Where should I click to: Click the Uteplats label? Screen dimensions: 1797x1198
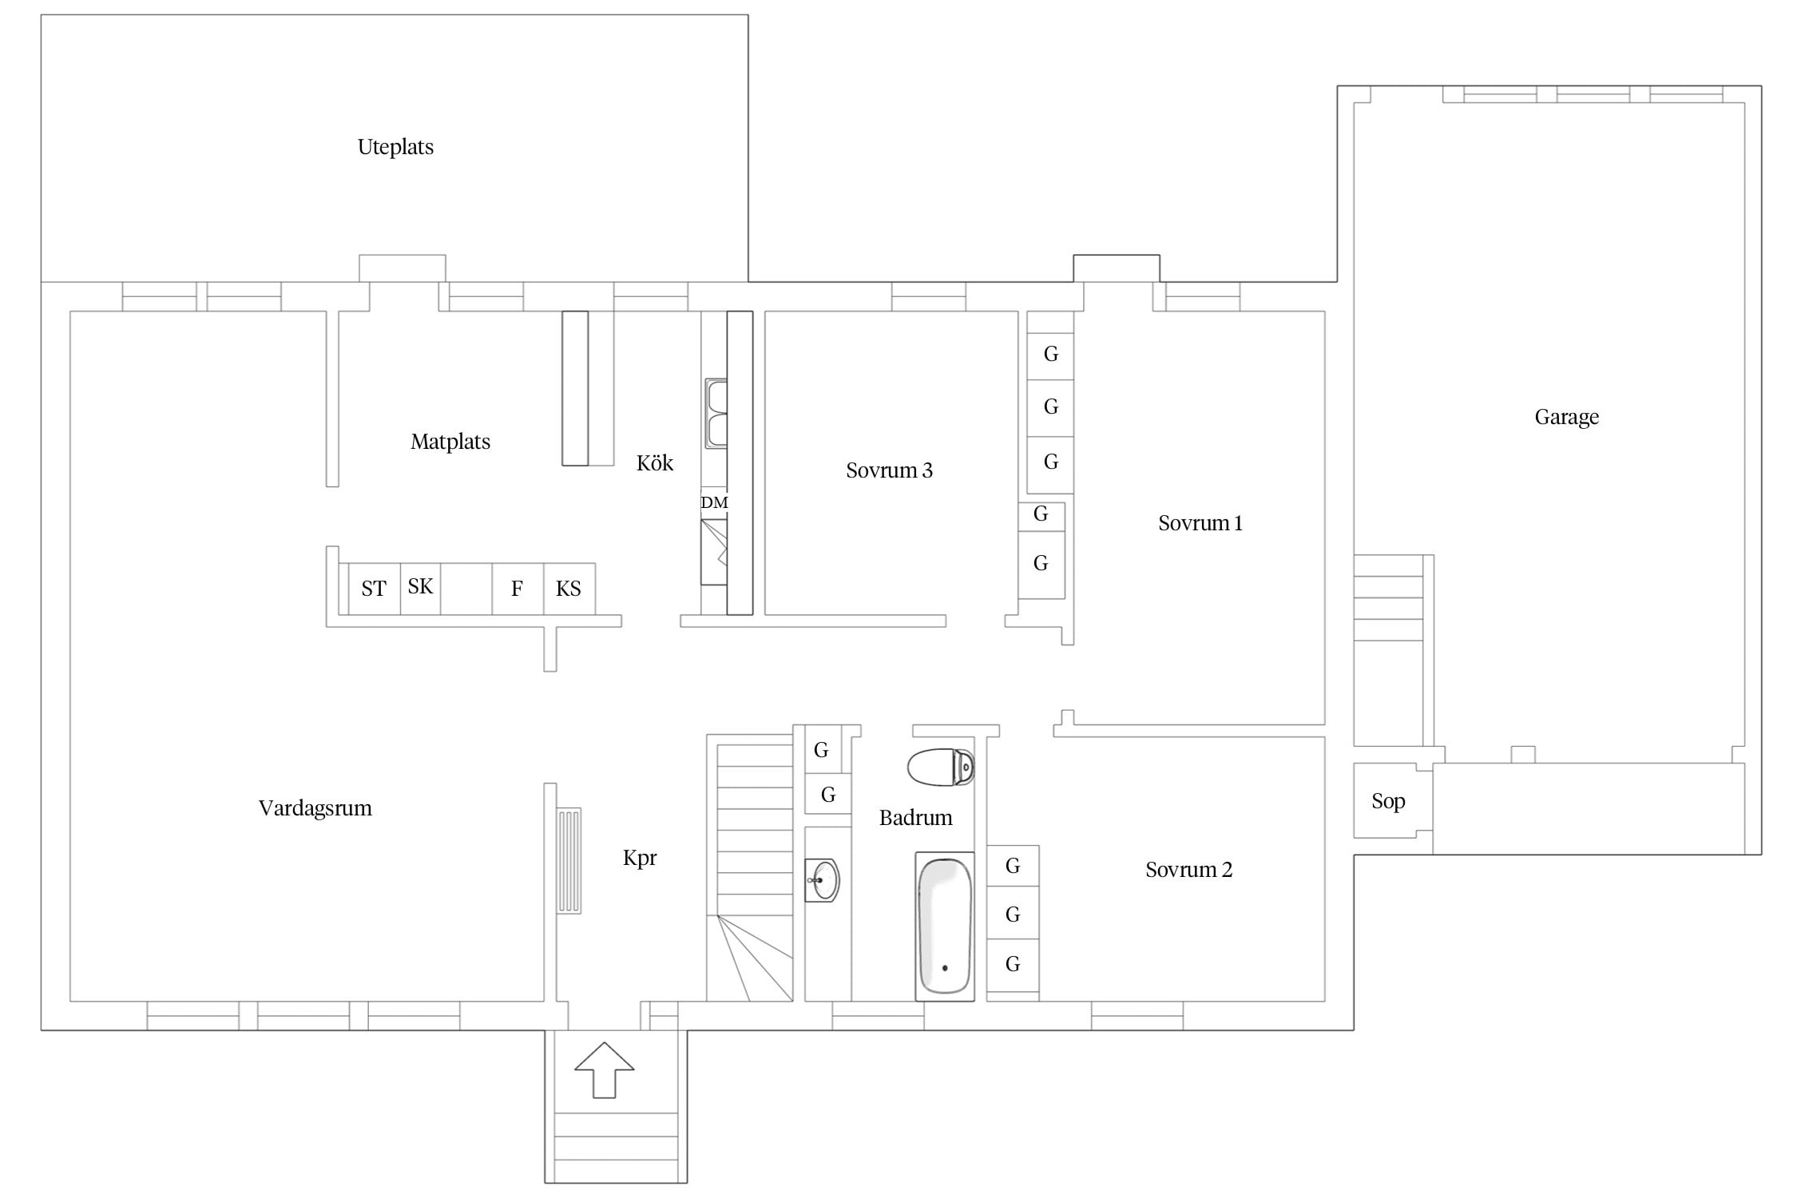tap(395, 147)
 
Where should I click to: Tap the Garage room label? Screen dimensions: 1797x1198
tap(1566, 417)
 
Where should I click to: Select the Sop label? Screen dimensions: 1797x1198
tap(1388, 802)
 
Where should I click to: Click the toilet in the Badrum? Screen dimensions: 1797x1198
tap(941, 768)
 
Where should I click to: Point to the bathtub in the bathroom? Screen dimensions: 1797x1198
tap(945, 926)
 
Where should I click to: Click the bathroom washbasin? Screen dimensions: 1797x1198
tap(822, 880)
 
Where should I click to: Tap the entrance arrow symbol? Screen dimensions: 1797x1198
tap(605, 1069)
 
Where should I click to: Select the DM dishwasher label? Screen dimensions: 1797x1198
tap(714, 502)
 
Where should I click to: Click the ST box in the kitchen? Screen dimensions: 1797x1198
tap(374, 589)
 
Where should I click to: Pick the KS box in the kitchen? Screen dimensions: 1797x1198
tap(569, 589)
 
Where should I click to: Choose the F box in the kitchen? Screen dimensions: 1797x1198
tap(518, 589)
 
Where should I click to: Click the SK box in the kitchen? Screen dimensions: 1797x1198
tap(420, 589)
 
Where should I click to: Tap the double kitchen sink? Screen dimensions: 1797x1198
tap(716, 413)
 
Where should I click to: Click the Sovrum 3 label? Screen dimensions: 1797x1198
tap(889, 470)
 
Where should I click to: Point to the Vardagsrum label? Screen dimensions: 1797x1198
tap(315, 808)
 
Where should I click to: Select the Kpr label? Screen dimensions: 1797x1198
tap(640, 858)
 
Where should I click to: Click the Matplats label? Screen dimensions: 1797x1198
tap(450, 442)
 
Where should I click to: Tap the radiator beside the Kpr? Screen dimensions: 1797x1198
tap(569, 861)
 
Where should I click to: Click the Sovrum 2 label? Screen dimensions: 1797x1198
tap(1188, 870)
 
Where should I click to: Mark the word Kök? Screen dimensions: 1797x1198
tap(655, 463)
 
